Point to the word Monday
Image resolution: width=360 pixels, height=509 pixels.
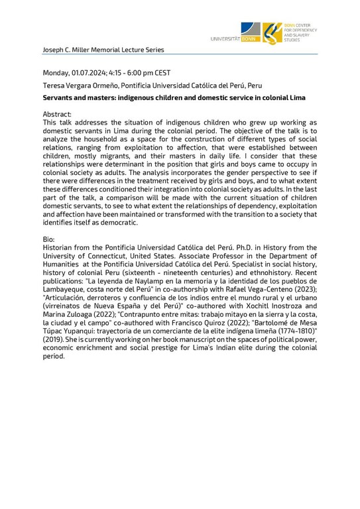coord(58,72)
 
